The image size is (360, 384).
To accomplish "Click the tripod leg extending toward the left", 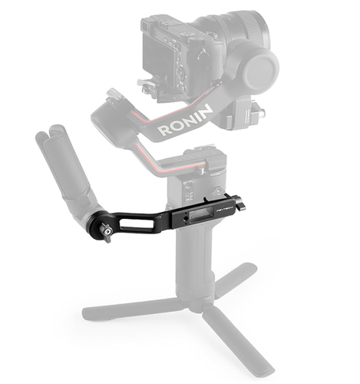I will (x=123, y=310).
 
